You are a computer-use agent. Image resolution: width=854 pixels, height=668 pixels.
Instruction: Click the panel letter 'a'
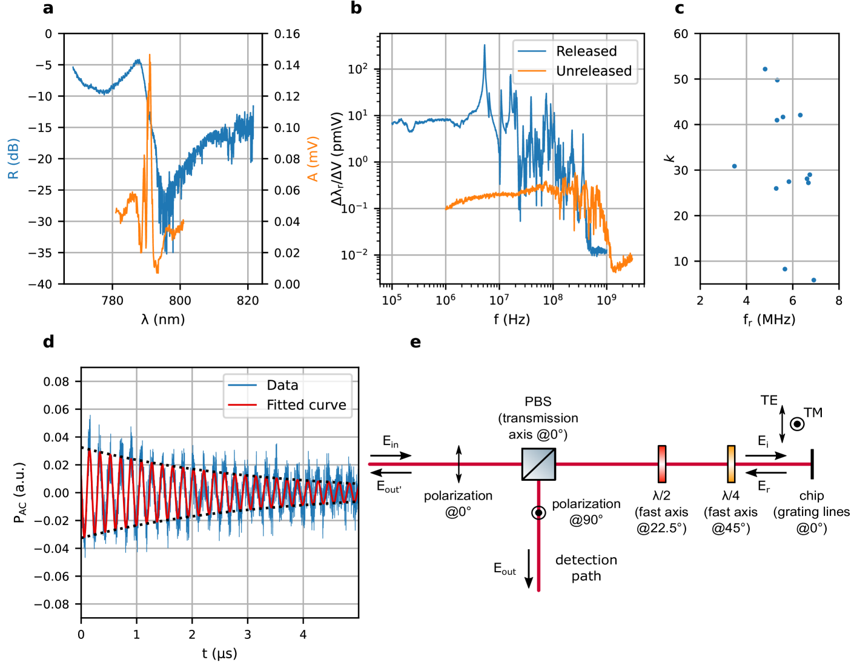(x=48, y=8)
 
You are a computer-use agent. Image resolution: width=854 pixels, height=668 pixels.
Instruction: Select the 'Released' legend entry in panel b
(x=586, y=51)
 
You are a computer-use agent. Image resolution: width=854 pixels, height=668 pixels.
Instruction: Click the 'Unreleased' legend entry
(x=593, y=71)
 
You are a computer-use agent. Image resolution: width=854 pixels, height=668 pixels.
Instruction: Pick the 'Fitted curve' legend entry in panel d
(x=306, y=405)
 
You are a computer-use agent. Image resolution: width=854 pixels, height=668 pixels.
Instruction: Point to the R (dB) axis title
(x=13, y=159)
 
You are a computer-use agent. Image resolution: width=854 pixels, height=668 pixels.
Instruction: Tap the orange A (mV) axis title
(x=313, y=159)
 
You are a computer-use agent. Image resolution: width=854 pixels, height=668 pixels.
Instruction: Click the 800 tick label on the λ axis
(x=180, y=301)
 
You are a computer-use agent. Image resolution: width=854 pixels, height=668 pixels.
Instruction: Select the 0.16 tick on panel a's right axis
(x=287, y=34)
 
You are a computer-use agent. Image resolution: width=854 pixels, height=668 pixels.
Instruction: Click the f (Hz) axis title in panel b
(x=511, y=319)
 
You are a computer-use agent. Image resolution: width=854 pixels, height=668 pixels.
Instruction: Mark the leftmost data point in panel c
(x=735, y=166)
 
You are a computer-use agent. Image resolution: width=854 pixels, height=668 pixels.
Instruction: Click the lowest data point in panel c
(x=813, y=280)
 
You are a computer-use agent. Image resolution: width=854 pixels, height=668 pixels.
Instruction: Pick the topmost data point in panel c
(x=765, y=70)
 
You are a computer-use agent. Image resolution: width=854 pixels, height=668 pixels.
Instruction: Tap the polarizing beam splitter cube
(x=538, y=465)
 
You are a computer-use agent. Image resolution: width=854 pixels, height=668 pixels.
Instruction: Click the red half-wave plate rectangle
(x=662, y=464)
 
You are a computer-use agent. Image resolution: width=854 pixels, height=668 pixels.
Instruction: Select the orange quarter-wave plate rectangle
(x=731, y=464)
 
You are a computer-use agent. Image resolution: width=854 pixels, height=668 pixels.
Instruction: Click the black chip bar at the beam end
(x=812, y=464)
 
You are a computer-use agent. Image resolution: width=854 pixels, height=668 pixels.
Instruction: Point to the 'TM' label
(x=813, y=413)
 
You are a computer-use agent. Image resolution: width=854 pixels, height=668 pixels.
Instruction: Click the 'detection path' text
(x=586, y=568)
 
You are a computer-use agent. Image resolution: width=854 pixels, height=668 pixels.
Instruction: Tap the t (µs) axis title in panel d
(x=219, y=653)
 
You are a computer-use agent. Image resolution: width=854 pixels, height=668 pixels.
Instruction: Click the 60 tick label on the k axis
(x=681, y=34)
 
